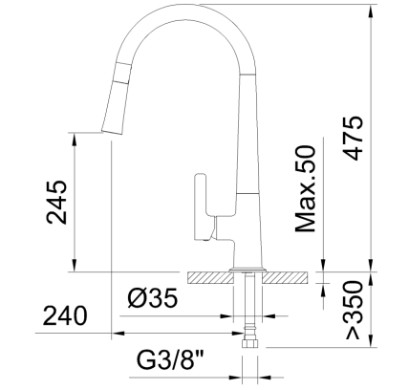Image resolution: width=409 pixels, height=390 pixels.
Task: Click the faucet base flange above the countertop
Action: tap(248, 266)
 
